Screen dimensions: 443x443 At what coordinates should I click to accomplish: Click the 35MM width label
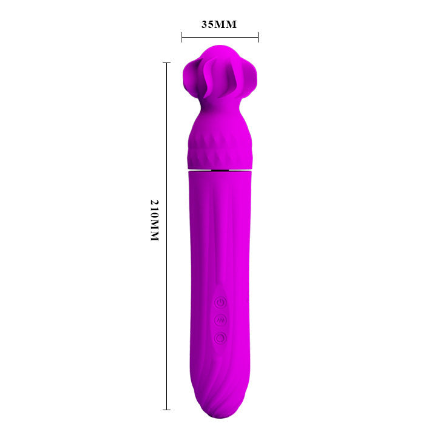tap(218, 25)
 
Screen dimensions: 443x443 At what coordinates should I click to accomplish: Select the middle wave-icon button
tap(220, 320)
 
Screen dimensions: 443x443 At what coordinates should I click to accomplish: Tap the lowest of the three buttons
tap(220, 337)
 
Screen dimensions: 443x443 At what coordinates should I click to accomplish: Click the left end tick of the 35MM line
tap(181, 38)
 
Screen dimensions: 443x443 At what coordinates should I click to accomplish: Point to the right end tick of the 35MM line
tap(258, 38)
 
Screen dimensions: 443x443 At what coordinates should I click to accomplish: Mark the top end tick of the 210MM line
tap(166, 63)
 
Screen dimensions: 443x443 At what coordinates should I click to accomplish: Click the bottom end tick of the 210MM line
tap(166, 410)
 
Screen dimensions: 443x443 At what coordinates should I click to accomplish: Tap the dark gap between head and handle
tap(220, 171)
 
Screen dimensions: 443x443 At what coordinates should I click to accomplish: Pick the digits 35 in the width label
tap(208, 25)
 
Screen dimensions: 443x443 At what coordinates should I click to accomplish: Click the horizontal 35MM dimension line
tap(220, 38)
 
